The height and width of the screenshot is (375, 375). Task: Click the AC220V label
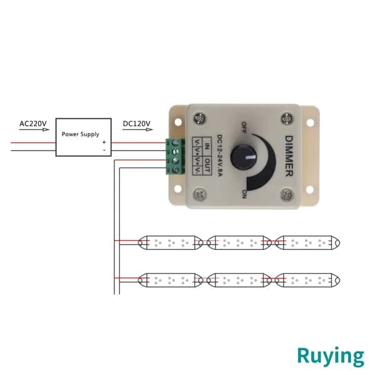point(33,124)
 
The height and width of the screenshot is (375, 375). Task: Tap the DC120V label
point(136,124)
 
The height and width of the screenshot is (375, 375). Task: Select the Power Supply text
point(81,134)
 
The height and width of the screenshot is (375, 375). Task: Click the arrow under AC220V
point(34,129)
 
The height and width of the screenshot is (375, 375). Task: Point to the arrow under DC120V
point(137,129)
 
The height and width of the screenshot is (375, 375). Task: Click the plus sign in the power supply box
point(104,142)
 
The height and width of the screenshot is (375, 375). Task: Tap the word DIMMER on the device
point(289,156)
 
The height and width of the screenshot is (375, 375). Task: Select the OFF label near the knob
point(244,127)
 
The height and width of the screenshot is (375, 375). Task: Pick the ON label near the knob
point(244,194)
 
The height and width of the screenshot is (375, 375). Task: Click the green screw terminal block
point(175,156)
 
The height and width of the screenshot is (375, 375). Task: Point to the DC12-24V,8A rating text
point(219,156)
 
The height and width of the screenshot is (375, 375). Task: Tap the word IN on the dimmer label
point(207,146)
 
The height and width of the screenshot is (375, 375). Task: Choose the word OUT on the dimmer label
point(207,165)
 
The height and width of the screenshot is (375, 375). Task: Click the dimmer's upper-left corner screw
point(200,118)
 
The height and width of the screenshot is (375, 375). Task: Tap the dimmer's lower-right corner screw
point(286,194)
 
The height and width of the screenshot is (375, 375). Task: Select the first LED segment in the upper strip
point(171,242)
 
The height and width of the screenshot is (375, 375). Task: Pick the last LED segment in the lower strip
point(307,280)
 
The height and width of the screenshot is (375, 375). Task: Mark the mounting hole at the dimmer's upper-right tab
point(310,122)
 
